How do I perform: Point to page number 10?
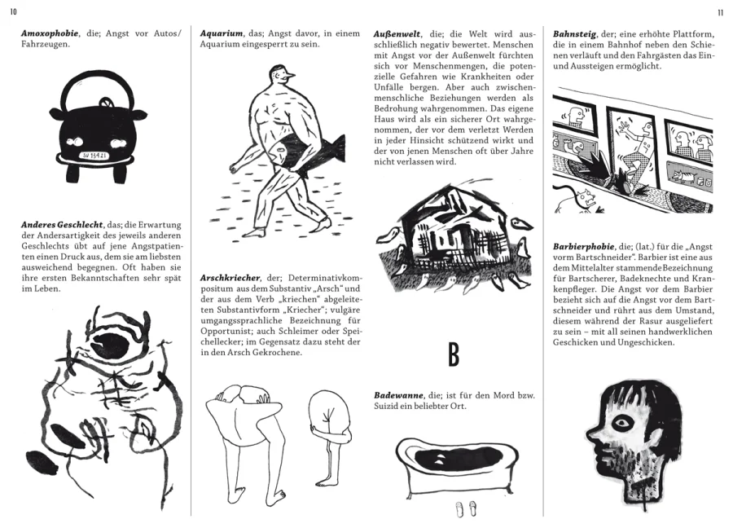13,12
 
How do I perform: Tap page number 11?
720,12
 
